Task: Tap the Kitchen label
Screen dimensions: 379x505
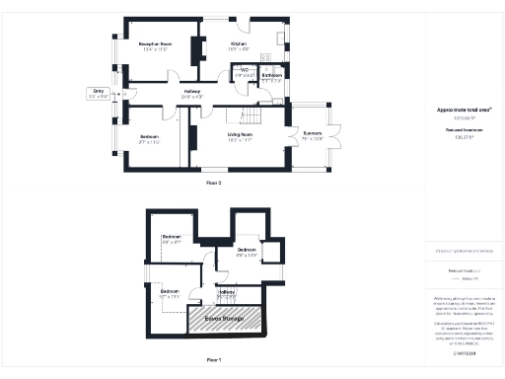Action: click(x=239, y=44)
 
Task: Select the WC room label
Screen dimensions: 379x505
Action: click(x=245, y=70)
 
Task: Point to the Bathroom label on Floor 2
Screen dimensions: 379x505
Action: click(x=272, y=75)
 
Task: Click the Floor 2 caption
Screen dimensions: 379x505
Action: click(x=213, y=184)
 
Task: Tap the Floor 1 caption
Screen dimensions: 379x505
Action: click(x=213, y=359)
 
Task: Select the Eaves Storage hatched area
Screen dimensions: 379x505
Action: click(x=226, y=318)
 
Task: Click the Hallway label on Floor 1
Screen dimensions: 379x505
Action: click(x=226, y=292)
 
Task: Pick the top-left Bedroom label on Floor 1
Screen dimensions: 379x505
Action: click(x=172, y=238)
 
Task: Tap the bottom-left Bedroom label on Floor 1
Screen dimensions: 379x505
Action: click(x=170, y=291)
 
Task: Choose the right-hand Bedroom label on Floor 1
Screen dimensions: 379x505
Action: click(x=247, y=251)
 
